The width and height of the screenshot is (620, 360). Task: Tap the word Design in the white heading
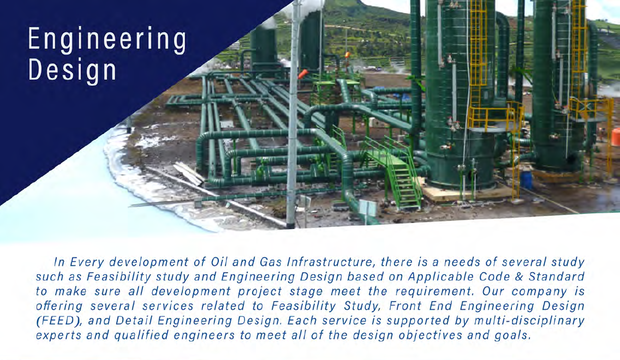click(73, 70)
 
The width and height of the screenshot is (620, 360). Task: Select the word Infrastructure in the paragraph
click(330, 262)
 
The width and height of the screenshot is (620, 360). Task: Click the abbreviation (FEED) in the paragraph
click(59, 321)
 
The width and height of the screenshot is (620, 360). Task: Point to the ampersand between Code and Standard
click(519, 277)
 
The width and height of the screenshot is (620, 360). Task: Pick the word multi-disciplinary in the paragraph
click(529, 321)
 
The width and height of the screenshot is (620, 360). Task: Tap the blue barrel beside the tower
click(526, 180)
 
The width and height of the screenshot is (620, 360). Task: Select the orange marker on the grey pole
click(303, 74)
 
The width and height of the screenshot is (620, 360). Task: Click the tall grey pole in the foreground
click(291, 115)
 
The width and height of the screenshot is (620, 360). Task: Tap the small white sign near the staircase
click(368, 209)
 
